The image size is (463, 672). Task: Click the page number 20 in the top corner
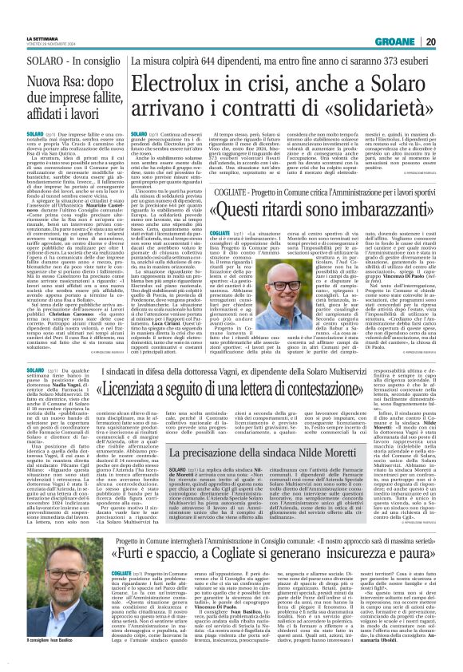(x=452, y=20)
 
